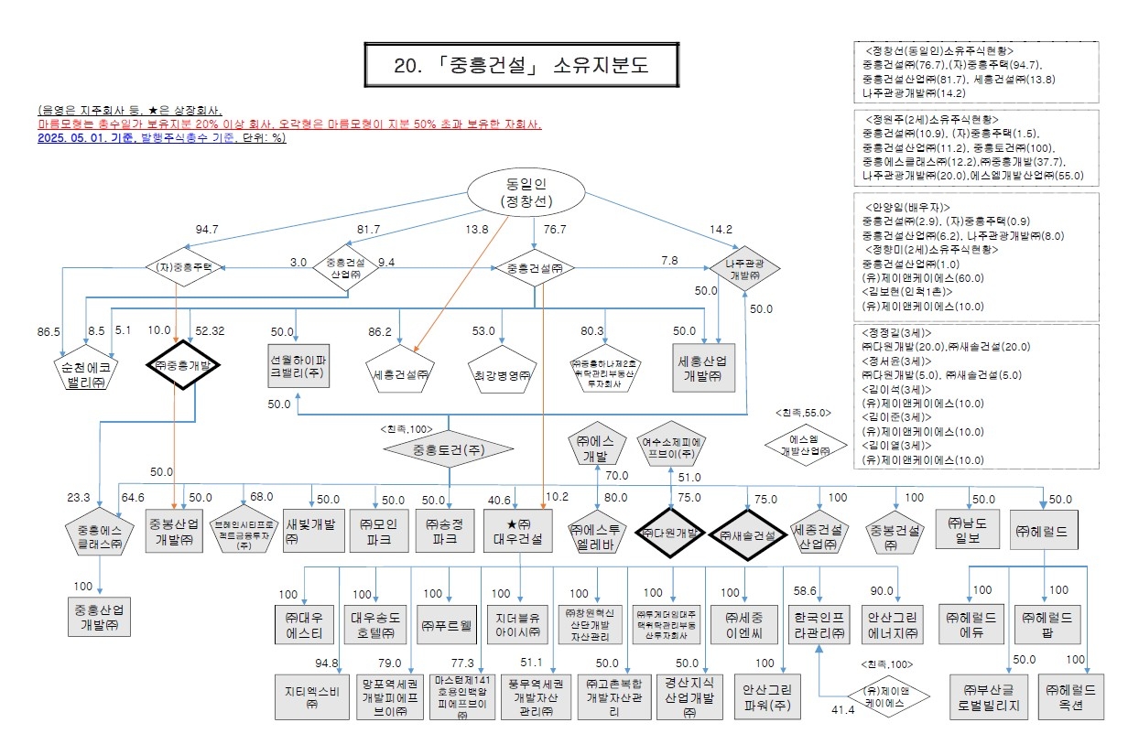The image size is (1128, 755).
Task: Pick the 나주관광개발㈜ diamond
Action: pyautogui.click(x=743, y=268)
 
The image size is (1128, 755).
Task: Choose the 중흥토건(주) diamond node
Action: pyautogui.click(x=448, y=448)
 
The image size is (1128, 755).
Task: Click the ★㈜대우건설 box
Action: pyautogui.click(x=518, y=532)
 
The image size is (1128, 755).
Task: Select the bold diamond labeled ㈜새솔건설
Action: pyautogui.click(x=746, y=534)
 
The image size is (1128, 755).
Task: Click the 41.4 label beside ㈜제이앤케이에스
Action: pyautogui.click(x=842, y=709)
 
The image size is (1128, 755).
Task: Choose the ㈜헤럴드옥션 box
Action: pyautogui.click(x=1077, y=696)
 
